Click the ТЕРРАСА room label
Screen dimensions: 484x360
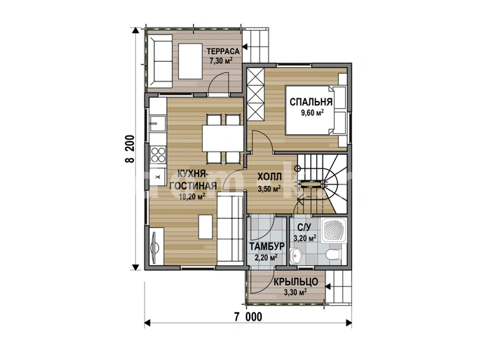tap(223, 51)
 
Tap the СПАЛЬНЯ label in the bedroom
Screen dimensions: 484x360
tap(311, 102)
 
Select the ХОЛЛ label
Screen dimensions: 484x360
tap(269, 177)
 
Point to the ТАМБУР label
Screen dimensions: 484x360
tap(267, 247)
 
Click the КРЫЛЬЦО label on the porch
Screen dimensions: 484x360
tap(296, 281)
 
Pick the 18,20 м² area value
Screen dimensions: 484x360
tap(192, 196)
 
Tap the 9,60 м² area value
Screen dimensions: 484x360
tap(312, 113)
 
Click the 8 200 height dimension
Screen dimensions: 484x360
tap(130, 149)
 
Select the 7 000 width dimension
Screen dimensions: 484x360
tap(248, 316)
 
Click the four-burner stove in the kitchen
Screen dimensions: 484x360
tap(158, 154)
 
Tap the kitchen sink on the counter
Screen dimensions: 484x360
tap(158, 124)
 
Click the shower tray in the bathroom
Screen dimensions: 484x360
tap(334, 230)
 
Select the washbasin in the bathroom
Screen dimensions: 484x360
tap(296, 255)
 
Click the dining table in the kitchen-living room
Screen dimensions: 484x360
tap(223, 138)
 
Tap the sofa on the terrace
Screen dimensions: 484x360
tap(160, 61)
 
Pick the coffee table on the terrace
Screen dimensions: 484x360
tap(191, 61)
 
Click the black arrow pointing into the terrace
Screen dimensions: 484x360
tap(246, 47)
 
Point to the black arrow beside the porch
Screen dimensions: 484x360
tap(328, 286)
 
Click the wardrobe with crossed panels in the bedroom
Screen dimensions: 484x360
tap(255, 95)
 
